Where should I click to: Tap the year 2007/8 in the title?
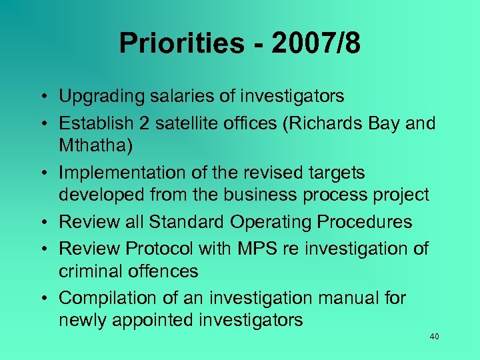(316, 43)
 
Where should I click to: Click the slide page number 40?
(434, 337)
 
